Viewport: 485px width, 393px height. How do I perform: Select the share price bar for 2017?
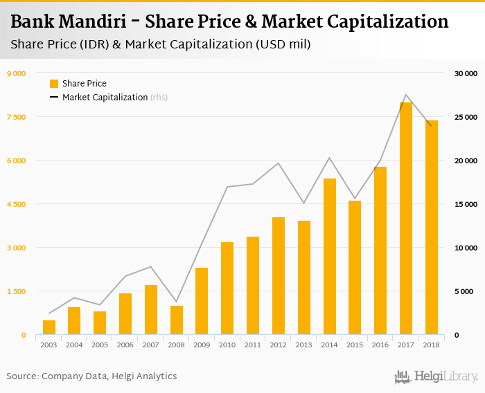[406, 219]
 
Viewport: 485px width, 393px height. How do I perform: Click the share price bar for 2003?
[49, 327]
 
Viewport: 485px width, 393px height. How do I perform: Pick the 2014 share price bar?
[330, 257]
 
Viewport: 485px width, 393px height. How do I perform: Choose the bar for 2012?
[279, 276]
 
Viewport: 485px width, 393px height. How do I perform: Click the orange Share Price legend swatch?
[54, 84]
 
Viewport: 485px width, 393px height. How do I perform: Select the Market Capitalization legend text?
[105, 98]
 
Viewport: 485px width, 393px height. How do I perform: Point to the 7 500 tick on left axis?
[16, 117]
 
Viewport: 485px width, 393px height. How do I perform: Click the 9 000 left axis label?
[16, 73]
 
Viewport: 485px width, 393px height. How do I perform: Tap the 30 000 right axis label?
[466, 73]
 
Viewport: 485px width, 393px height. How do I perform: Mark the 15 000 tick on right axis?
[466, 204]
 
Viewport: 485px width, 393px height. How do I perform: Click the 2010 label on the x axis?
[227, 345]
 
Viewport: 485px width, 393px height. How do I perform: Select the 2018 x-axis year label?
[432, 345]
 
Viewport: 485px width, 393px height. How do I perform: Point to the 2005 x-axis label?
[100, 345]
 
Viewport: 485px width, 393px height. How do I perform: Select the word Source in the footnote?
[21, 376]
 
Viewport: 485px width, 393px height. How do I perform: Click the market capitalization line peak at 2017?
[406, 95]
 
